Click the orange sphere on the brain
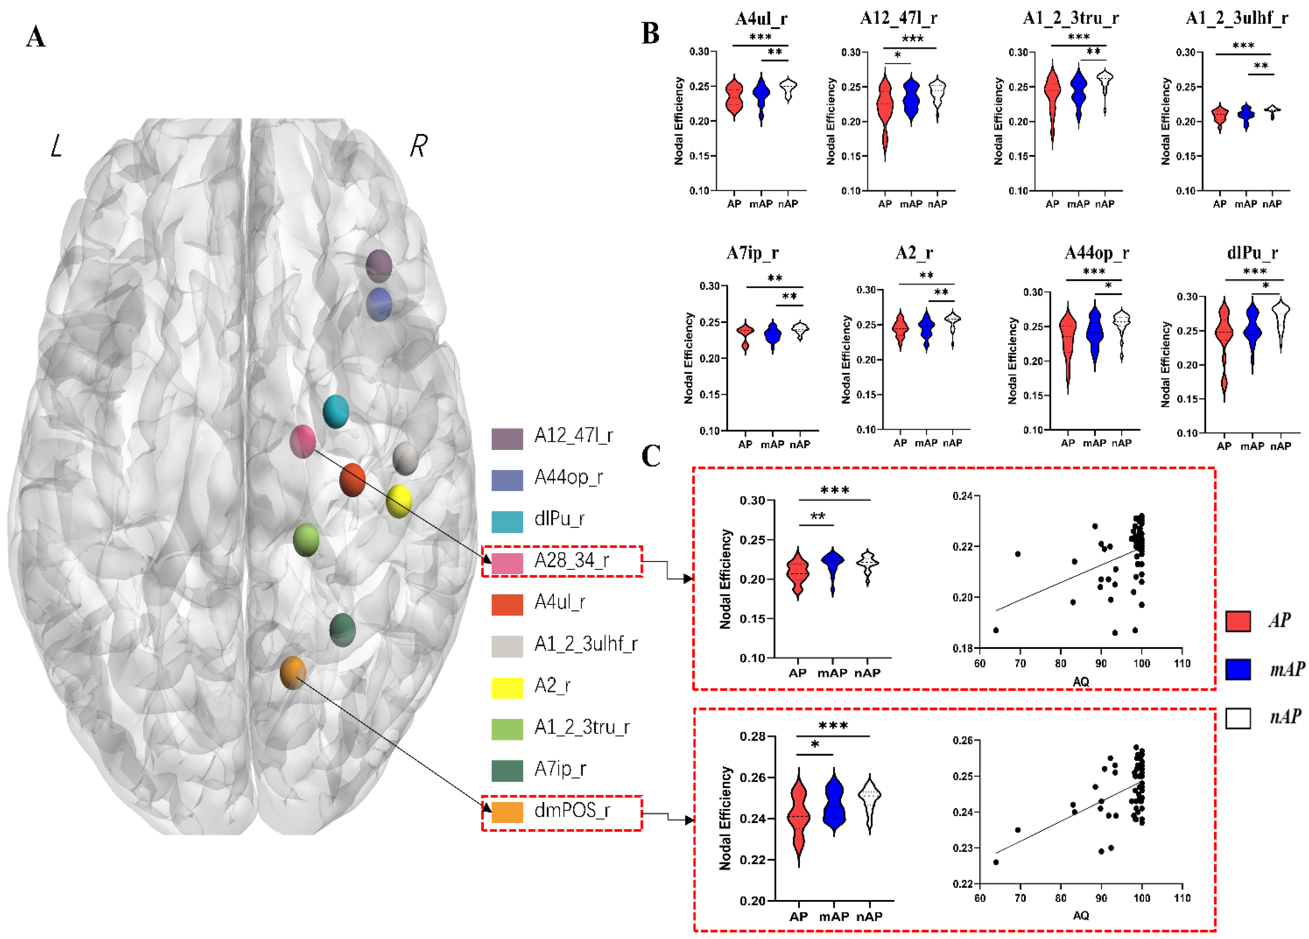click(293, 673)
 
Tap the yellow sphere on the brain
click(398, 501)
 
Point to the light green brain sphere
click(306, 540)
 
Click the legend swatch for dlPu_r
click(507, 521)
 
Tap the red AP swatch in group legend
click(1237, 621)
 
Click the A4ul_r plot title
click(761, 19)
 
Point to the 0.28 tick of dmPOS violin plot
click(752, 736)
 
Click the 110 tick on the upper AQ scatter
click(1181, 663)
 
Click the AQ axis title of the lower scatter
click(1080, 915)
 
